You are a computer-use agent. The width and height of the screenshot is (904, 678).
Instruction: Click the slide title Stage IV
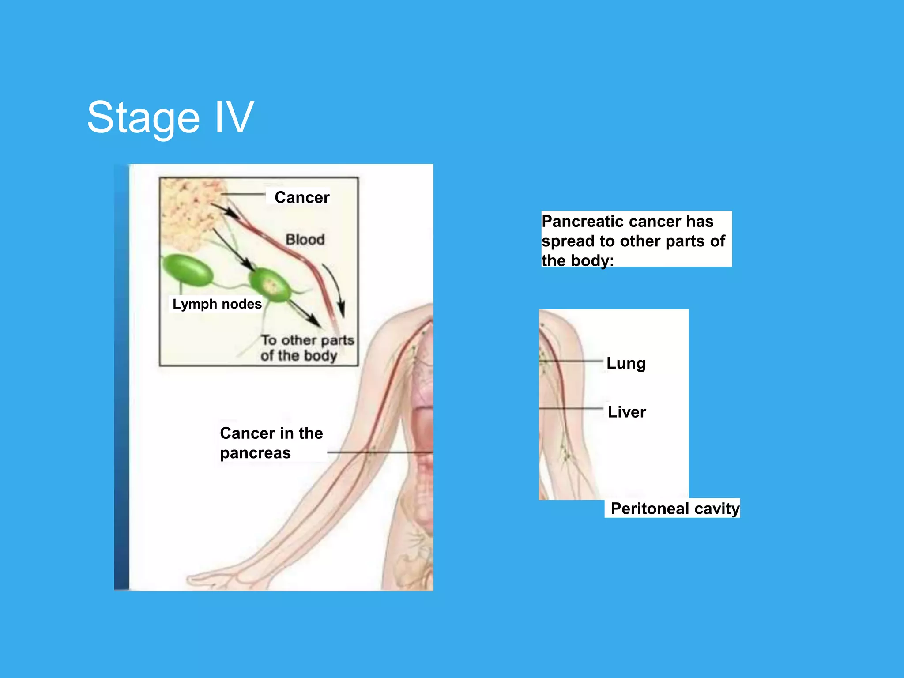[x=170, y=117]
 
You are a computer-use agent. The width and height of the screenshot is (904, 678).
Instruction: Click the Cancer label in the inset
[x=302, y=197]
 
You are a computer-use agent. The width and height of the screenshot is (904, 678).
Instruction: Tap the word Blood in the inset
[x=305, y=240]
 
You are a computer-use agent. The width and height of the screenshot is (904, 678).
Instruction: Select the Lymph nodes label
[x=217, y=304]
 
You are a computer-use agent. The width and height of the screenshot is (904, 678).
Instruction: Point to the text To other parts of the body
[x=307, y=348]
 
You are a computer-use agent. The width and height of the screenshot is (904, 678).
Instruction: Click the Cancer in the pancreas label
[x=271, y=443]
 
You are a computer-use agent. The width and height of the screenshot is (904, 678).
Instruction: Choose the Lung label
[x=626, y=363]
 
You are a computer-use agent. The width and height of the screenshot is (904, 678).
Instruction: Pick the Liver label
[x=627, y=412]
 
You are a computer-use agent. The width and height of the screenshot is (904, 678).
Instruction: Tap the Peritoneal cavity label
[x=675, y=508]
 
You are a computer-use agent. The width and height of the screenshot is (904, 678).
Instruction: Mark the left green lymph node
[x=188, y=270]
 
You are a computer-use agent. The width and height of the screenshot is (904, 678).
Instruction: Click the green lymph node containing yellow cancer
[x=270, y=285]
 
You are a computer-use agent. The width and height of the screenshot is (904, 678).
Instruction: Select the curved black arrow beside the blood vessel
[x=336, y=287]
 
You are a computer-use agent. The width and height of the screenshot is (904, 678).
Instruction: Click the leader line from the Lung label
[x=574, y=361]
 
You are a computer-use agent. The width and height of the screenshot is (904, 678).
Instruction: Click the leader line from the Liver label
[x=574, y=408]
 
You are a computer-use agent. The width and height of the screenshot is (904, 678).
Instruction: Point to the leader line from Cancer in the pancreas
[x=380, y=452]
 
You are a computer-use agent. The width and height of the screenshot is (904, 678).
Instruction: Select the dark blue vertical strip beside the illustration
[x=121, y=377]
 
